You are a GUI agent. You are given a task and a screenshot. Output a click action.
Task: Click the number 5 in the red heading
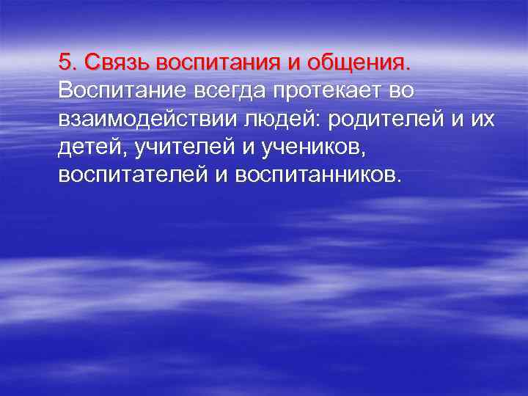(x=65, y=62)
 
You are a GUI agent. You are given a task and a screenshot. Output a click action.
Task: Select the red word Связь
(x=113, y=62)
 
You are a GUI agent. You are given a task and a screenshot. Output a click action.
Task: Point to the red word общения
(x=359, y=62)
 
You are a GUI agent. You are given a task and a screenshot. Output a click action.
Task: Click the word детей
(x=86, y=147)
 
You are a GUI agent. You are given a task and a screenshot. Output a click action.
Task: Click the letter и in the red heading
(x=293, y=62)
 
